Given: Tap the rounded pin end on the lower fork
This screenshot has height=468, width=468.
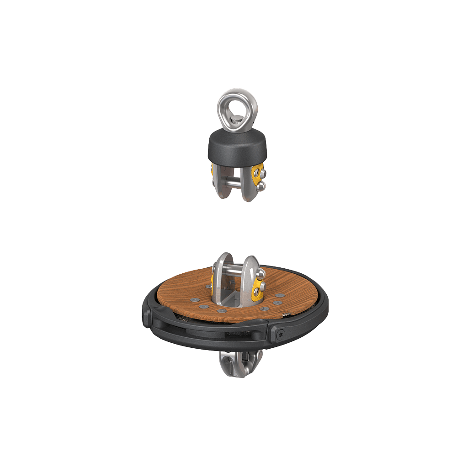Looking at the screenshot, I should [261, 273].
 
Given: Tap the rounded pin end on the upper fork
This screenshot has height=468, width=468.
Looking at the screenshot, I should [262, 186].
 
